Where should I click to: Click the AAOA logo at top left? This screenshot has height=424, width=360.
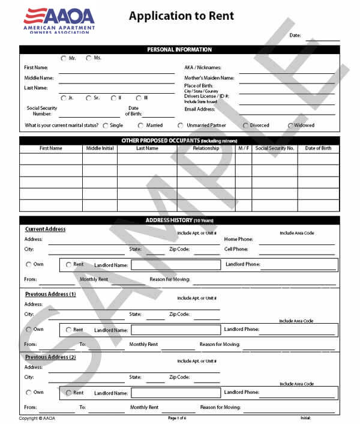(58, 20)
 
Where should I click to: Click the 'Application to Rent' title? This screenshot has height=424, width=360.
(181, 16)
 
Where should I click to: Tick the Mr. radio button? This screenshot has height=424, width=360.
(64, 58)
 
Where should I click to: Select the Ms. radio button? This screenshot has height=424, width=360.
(89, 58)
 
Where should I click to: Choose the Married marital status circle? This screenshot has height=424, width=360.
(141, 126)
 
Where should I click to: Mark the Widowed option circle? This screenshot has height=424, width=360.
(291, 126)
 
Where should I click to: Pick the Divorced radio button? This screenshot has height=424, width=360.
(245, 126)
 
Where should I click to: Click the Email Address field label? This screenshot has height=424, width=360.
(200, 109)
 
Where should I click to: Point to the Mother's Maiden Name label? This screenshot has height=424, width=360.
(209, 78)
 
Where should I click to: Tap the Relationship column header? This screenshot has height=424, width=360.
(206, 148)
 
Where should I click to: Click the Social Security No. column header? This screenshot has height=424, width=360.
(274, 148)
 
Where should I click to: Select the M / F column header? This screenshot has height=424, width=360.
(243, 148)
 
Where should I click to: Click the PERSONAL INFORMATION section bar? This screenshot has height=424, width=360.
(179, 50)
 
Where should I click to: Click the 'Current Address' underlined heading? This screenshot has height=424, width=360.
(46, 229)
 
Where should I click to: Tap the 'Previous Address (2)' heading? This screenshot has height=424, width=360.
(50, 357)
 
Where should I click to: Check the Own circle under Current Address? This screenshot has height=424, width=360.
(28, 264)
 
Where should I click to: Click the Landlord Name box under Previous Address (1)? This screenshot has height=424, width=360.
(175, 330)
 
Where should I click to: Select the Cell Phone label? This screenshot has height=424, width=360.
(236, 249)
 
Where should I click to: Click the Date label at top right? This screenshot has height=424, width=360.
(295, 35)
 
